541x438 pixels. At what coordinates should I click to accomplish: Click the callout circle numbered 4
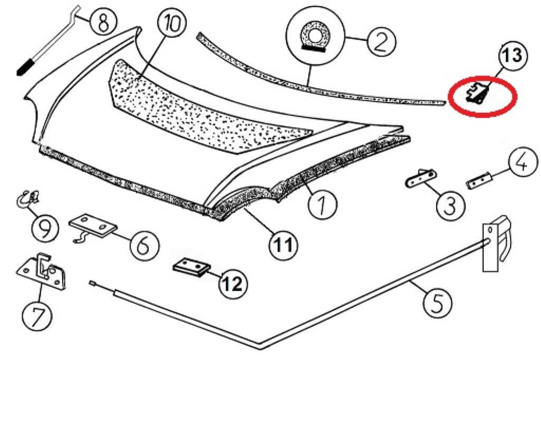pyautogui.click(x=520, y=164)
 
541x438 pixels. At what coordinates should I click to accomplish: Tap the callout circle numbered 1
pyautogui.click(x=323, y=203)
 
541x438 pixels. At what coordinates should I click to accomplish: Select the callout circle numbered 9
pyautogui.click(x=44, y=229)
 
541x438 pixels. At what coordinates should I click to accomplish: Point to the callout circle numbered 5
pyautogui.click(x=438, y=303)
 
